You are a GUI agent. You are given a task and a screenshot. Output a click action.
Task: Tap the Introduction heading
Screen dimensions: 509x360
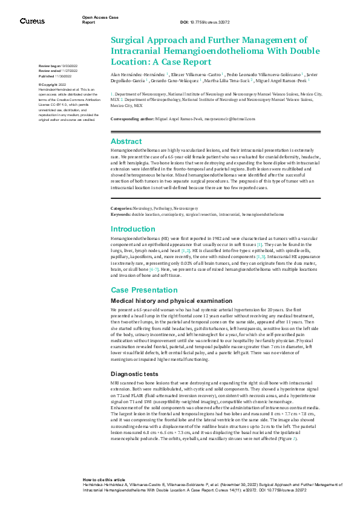click(x=133, y=229)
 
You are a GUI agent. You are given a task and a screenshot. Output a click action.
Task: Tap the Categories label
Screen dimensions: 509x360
click(x=123, y=209)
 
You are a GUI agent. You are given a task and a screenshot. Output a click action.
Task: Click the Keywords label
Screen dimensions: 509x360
click(x=122, y=214)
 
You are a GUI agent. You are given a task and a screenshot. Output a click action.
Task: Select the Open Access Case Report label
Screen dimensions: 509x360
click(x=96, y=19)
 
